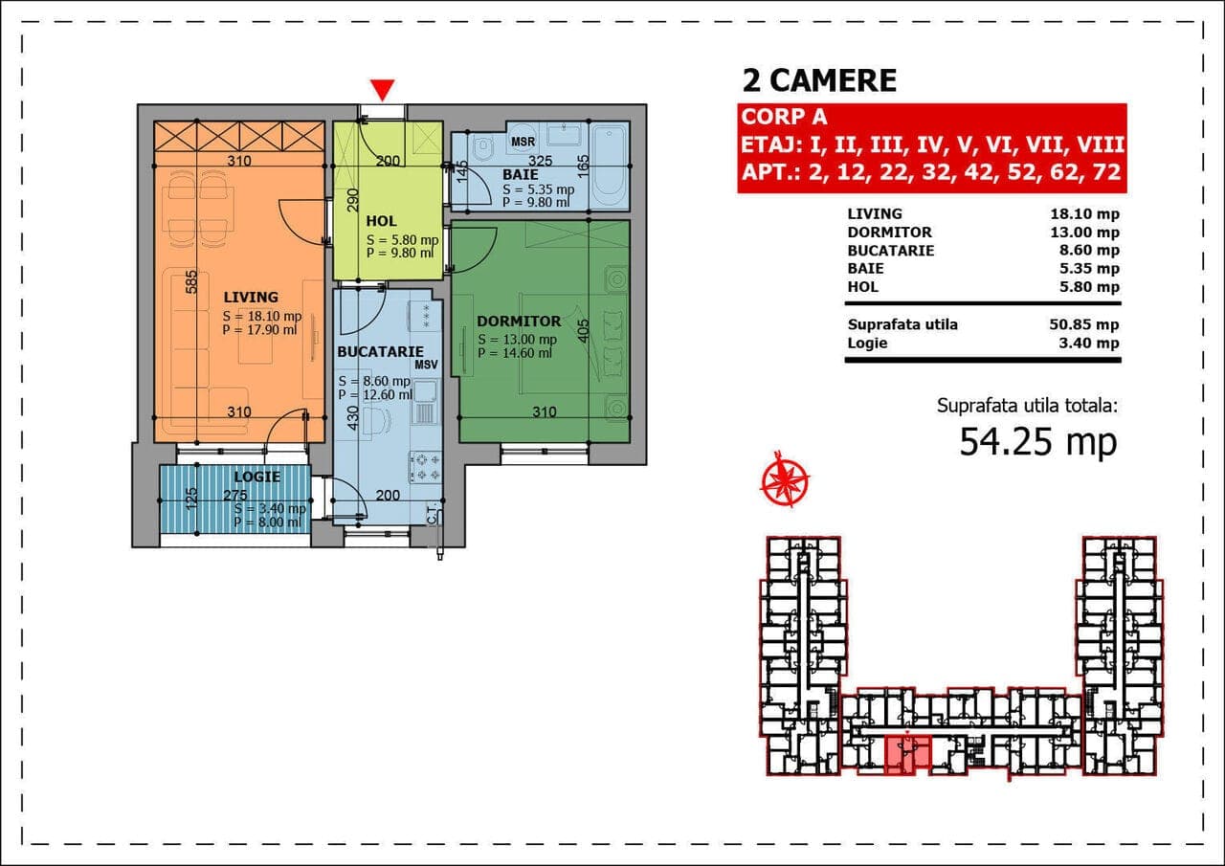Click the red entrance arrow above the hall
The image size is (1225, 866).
[382, 90]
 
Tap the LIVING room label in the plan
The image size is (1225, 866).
[251, 298]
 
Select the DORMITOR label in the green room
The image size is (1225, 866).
[519, 322]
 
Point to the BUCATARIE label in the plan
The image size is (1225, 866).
[381, 352]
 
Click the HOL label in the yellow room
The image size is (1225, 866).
[381, 221]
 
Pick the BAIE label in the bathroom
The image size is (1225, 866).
[521, 175]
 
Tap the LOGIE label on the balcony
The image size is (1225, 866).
[257, 477]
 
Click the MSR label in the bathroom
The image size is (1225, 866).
[523, 143]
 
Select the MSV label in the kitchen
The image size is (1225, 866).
[427, 365]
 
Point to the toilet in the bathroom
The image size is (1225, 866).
[482, 147]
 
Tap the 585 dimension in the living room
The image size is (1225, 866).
[190, 282]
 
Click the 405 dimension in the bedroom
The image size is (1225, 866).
[584, 331]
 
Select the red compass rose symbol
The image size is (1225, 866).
[785, 478]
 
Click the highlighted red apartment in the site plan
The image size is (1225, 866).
[907, 755]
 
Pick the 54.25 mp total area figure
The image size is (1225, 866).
[1038, 443]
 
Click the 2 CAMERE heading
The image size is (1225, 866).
[819, 81]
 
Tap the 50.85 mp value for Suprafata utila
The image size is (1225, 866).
[1084, 324]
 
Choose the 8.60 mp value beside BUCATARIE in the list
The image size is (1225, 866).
[1089, 251]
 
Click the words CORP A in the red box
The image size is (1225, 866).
[784, 117]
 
